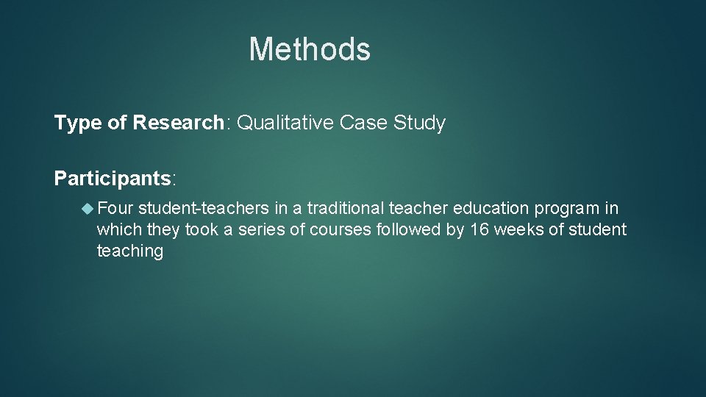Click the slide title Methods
click(310, 49)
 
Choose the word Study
click(420, 124)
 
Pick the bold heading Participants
click(113, 179)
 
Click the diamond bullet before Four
click(88, 209)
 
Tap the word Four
click(115, 209)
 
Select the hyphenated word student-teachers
click(204, 209)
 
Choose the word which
click(120, 230)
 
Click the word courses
click(340, 230)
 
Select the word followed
click(408, 230)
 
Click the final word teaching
click(129, 251)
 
